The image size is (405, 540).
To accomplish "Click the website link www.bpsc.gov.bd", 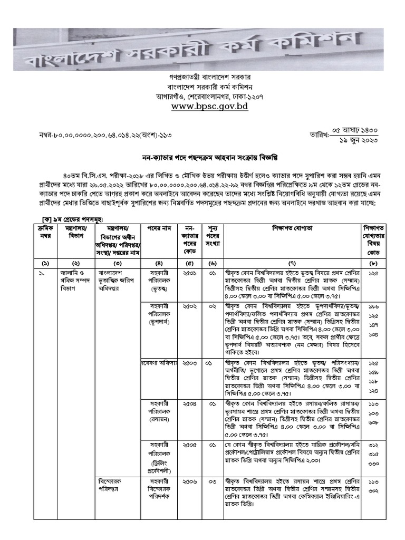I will (x=209, y=107).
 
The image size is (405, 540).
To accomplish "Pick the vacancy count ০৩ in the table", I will (x=212, y=481).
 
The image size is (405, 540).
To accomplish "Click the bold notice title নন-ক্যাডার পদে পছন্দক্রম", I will (x=209, y=157).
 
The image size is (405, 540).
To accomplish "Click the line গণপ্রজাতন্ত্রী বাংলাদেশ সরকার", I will (x=209, y=77).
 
